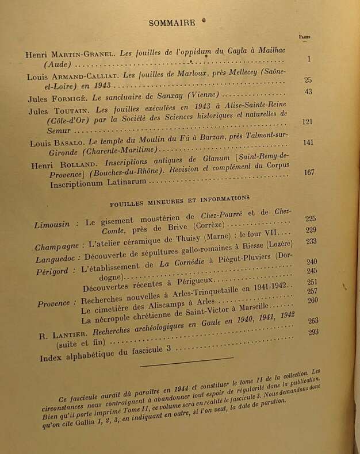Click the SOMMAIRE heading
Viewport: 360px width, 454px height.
point(172,23)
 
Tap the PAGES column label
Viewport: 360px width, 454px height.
point(305,36)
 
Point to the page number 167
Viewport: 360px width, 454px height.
point(309,172)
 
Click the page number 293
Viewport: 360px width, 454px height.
point(313,332)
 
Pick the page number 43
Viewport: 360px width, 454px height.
point(308,92)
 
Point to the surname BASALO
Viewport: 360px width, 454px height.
point(71,143)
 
